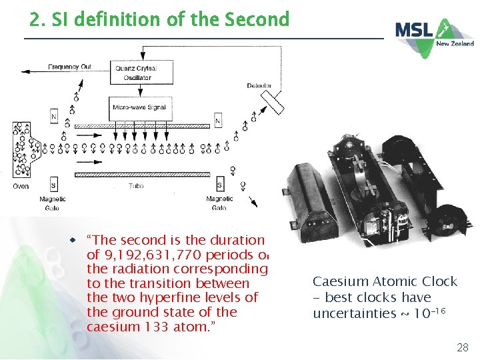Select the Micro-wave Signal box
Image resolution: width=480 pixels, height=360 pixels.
click(139, 107)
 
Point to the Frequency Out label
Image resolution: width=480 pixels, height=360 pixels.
click(69, 67)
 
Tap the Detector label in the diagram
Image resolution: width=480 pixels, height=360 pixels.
click(259, 86)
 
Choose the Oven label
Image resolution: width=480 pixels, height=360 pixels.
click(21, 186)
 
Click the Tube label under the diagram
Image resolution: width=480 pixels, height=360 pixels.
click(137, 186)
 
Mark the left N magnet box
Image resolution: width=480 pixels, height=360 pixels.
click(53, 117)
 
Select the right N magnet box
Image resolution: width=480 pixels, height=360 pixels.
click(217, 121)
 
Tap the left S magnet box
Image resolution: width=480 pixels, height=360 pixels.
click(53, 185)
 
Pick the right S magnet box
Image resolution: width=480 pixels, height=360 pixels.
click(219, 185)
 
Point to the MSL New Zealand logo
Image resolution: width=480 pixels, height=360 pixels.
click(434, 33)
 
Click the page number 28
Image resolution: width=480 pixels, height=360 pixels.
click(462, 347)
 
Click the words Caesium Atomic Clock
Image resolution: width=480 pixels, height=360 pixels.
click(385, 281)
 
